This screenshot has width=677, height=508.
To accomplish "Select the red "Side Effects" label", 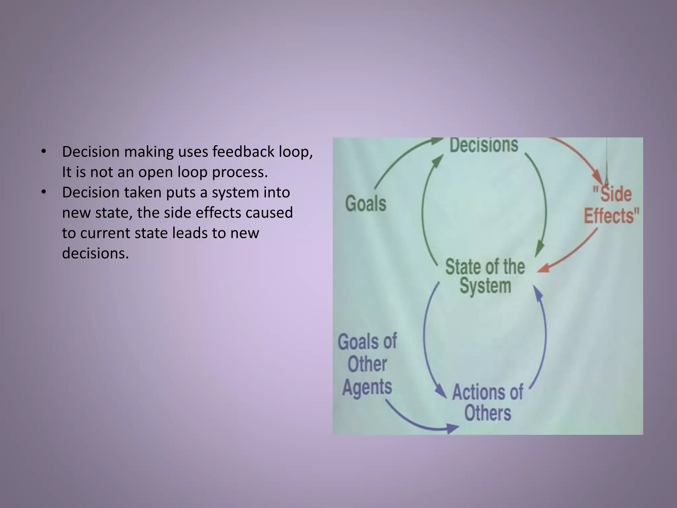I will (611, 205).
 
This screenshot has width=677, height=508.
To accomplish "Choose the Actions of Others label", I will (488, 402).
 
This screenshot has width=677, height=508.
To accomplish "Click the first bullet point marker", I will (43, 152).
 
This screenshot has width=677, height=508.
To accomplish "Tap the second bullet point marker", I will (43, 192).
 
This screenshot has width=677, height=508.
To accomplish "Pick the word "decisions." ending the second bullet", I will (95, 253).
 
